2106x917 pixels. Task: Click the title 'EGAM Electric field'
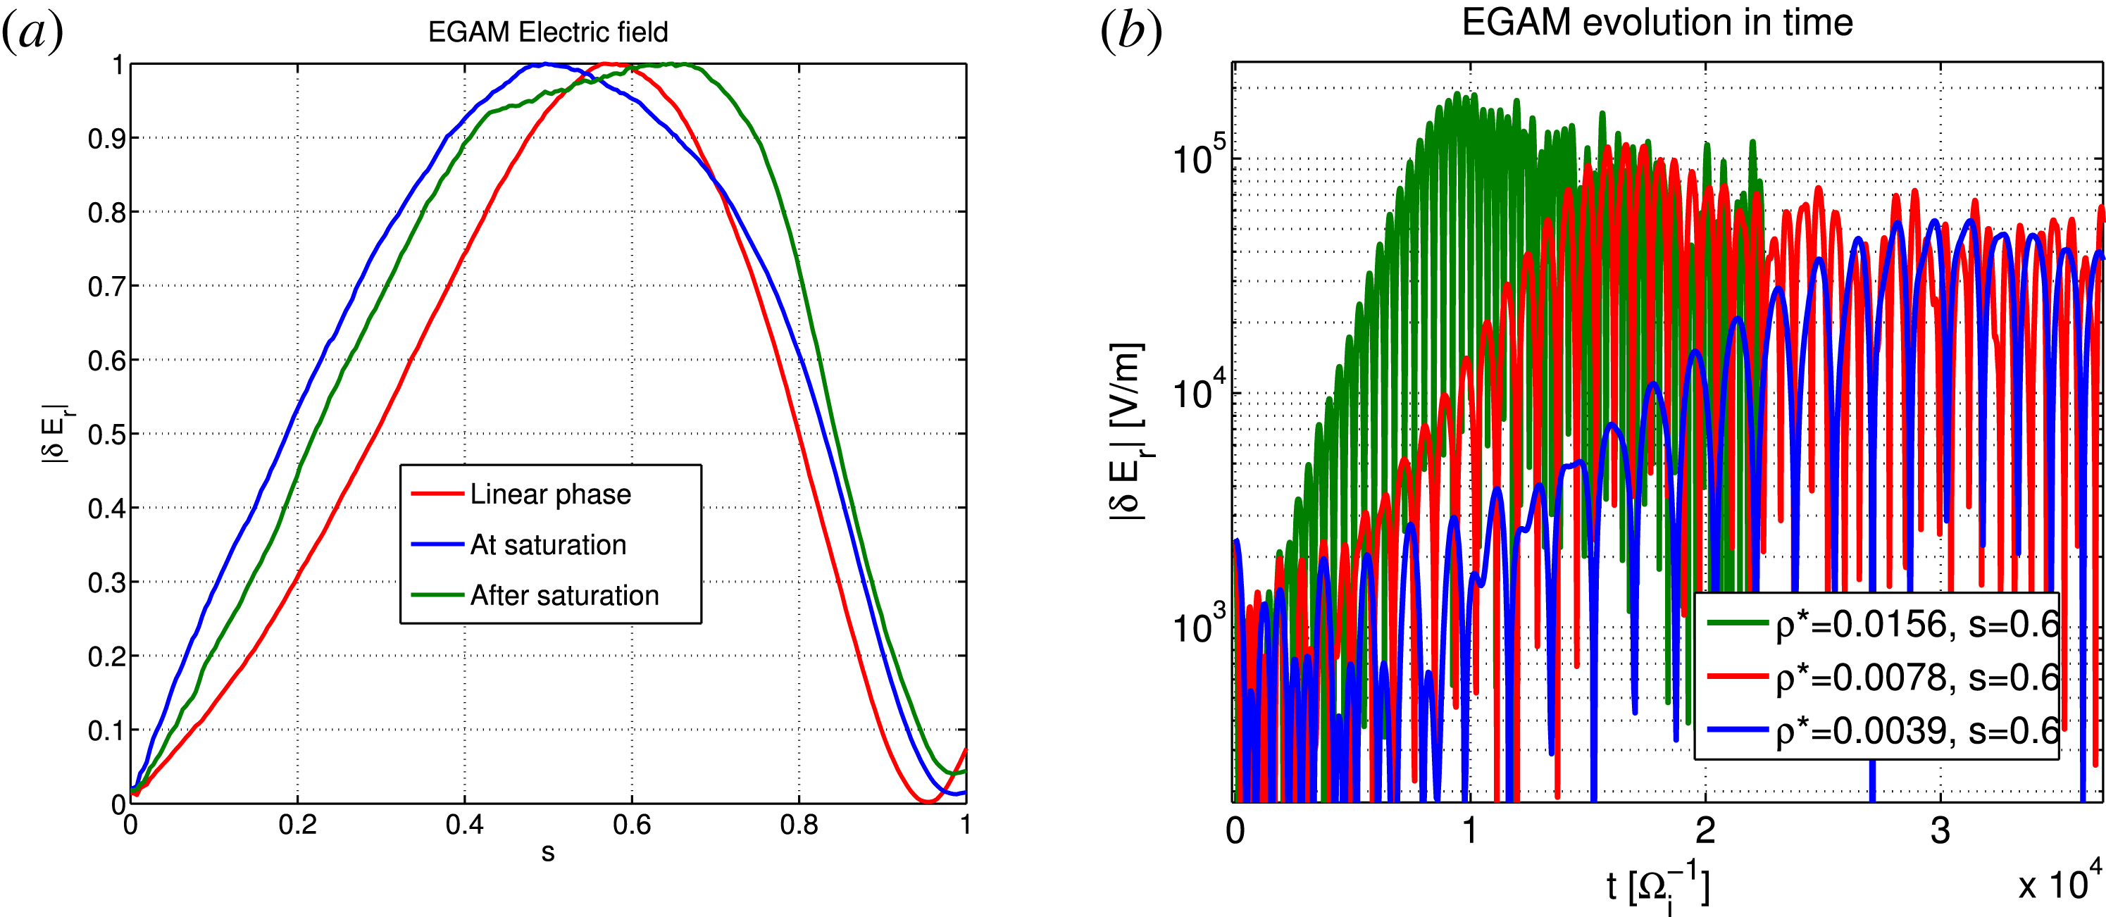(x=548, y=32)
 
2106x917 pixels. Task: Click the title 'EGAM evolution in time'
(x=1657, y=22)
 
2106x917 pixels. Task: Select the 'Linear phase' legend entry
(x=550, y=494)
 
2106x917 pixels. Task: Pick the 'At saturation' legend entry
(x=548, y=545)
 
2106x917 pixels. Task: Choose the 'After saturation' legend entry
(x=564, y=596)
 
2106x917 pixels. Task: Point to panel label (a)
(x=32, y=32)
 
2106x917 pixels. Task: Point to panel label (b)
(x=1130, y=32)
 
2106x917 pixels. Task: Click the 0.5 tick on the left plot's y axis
(x=106, y=435)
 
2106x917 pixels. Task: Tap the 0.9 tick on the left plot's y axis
(x=106, y=139)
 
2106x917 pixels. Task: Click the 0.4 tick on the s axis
(x=464, y=825)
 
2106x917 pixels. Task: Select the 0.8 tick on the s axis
(x=799, y=825)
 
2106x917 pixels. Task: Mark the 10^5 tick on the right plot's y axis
(x=1200, y=158)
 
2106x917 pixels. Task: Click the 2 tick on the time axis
(x=1705, y=831)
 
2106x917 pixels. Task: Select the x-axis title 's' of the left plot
(x=548, y=852)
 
